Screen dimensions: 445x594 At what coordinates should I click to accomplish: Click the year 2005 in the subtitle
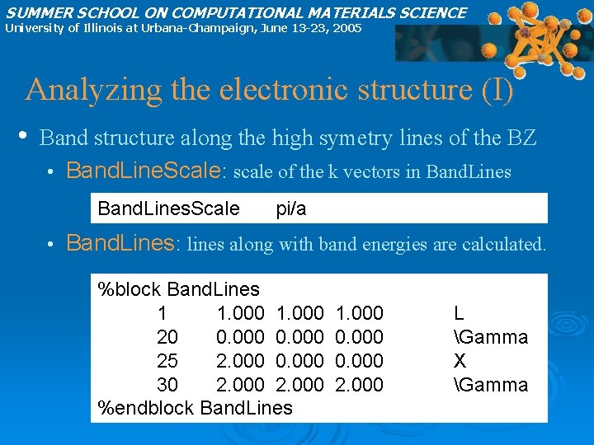346,28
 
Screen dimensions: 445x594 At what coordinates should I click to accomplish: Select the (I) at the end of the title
497,89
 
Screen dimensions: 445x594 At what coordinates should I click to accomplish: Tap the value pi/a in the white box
291,209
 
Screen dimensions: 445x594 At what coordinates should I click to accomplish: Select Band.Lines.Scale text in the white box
168,209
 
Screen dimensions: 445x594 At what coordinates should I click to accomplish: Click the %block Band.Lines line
178,289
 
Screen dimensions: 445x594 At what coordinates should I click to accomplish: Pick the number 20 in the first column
167,337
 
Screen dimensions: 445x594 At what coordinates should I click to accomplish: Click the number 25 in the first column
167,361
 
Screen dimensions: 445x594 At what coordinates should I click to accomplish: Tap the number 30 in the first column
167,385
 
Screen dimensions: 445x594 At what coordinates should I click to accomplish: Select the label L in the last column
459,313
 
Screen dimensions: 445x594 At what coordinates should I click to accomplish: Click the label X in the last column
460,361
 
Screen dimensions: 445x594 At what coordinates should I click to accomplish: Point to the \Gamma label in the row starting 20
491,337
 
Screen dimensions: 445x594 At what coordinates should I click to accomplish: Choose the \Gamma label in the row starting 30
491,385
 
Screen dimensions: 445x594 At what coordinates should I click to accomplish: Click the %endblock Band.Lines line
195,408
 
